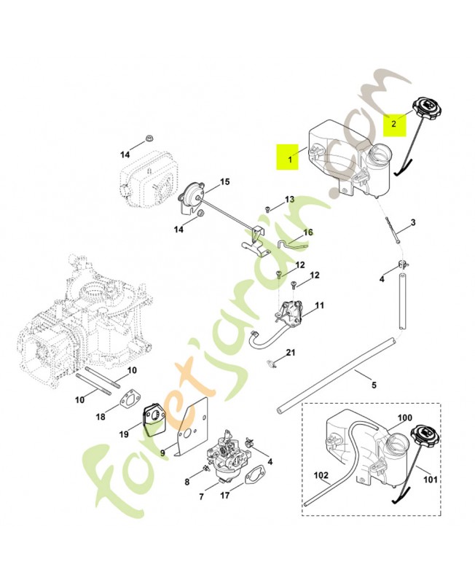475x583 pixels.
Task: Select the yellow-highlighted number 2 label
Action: (394, 125)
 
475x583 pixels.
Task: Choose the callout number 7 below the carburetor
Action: (201, 497)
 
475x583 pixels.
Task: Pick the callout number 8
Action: (187, 482)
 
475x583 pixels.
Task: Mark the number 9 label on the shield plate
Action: (162, 452)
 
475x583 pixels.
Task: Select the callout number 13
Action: (289, 199)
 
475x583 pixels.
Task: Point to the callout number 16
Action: (308, 232)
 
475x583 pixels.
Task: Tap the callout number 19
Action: (124, 434)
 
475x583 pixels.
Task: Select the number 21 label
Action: (291, 353)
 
